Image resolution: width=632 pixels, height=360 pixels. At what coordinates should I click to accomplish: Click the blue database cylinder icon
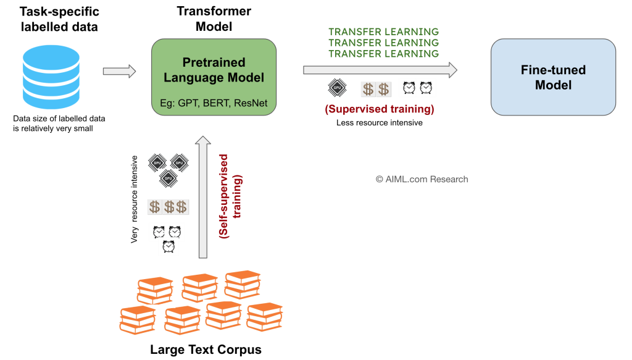pos(51,73)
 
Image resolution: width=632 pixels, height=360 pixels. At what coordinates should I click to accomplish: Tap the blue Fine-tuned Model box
pos(553,77)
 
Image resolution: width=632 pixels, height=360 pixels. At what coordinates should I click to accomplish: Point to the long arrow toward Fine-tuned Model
pos(380,69)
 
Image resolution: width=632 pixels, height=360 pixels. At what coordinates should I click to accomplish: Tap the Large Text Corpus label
pos(206,350)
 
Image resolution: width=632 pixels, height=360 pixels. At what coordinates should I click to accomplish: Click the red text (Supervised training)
pos(380,110)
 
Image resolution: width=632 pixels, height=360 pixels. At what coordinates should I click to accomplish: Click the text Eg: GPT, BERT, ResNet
pos(214,103)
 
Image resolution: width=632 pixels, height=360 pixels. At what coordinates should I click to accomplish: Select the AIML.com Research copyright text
pos(422,179)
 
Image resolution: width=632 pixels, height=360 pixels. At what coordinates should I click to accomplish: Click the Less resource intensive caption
pos(380,123)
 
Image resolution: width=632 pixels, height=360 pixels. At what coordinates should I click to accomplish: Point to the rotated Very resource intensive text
pos(135,199)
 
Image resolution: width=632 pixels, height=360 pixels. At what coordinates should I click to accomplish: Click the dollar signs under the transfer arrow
pos(375,89)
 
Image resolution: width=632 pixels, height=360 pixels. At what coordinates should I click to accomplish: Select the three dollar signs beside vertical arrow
pos(168,207)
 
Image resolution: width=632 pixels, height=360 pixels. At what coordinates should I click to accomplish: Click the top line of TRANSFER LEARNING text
pos(383,31)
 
